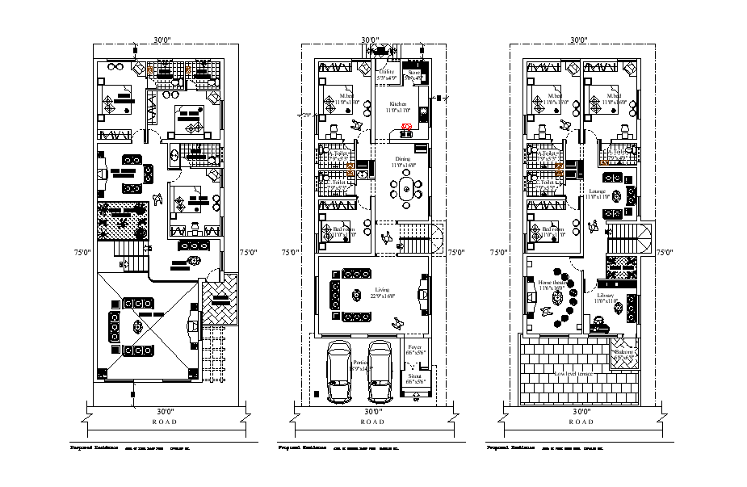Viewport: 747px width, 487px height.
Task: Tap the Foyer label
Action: click(415, 349)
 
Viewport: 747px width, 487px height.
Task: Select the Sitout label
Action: click(415, 377)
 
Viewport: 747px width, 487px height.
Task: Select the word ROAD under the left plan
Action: click(164, 422)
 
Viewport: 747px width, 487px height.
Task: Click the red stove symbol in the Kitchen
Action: click(408, 127)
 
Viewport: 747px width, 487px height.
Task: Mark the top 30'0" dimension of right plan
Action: click(578, 40)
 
